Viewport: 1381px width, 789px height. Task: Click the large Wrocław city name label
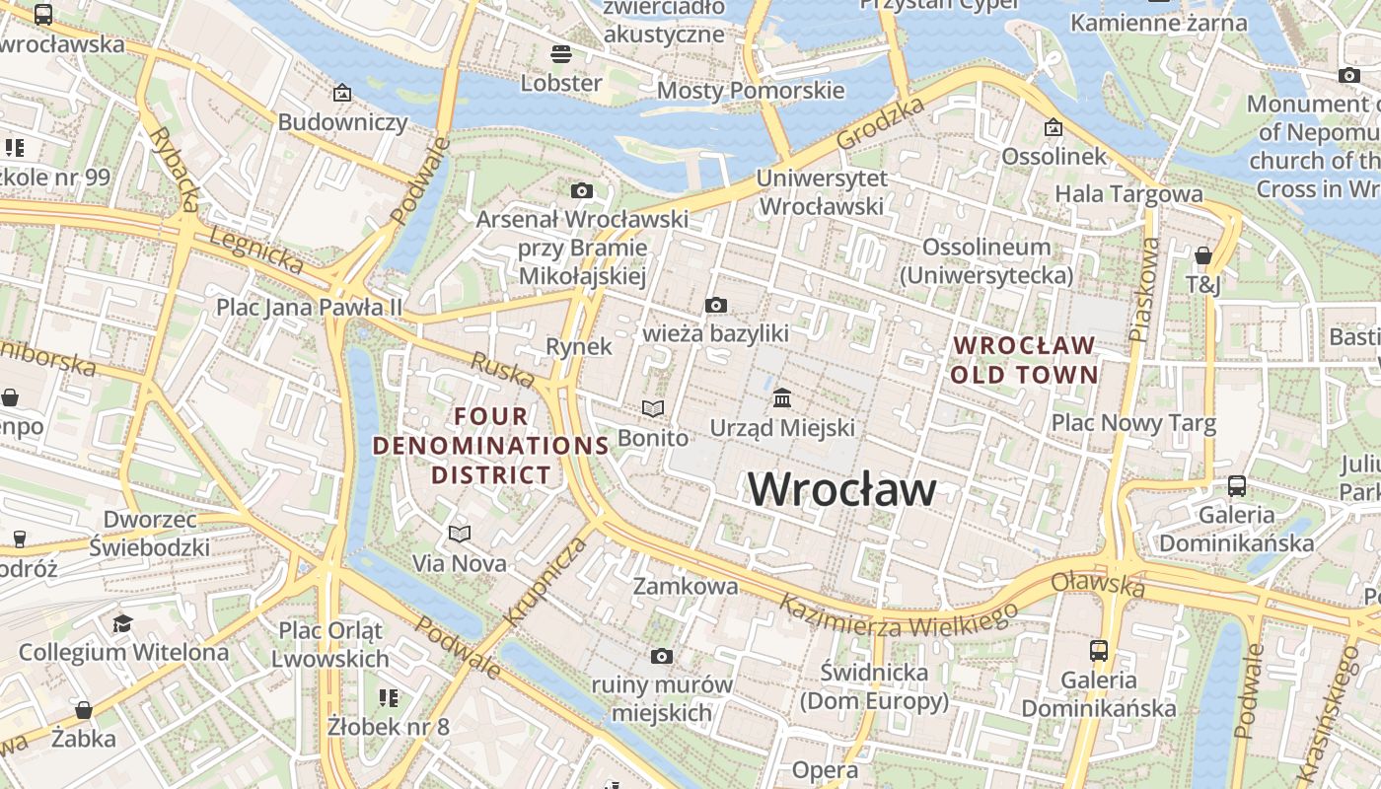(841, 489)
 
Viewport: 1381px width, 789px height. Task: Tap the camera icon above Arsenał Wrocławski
(582, 190)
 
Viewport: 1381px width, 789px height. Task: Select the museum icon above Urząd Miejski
(782, 398)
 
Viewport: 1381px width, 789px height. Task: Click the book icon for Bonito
(652, 408)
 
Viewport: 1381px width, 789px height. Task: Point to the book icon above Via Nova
(459, 534)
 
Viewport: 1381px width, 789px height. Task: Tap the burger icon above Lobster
(560, 53)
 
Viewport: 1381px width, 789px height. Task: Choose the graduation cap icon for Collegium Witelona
(122, 623)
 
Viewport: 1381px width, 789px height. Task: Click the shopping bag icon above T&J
(1202, 256)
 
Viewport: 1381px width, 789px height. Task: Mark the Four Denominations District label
(490, 446)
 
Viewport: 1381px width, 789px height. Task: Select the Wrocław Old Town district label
(1024, 360)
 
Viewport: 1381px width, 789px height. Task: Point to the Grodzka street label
(880, 123)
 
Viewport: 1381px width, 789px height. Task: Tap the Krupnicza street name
(545, 583)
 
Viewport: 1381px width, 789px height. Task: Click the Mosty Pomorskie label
(750, 91)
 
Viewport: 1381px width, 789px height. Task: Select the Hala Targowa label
(1128, 194)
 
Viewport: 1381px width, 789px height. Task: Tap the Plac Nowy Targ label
(1133, 423)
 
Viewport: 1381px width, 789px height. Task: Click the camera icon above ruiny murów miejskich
(661, 656)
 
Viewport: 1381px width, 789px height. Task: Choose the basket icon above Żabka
(84, 710)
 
